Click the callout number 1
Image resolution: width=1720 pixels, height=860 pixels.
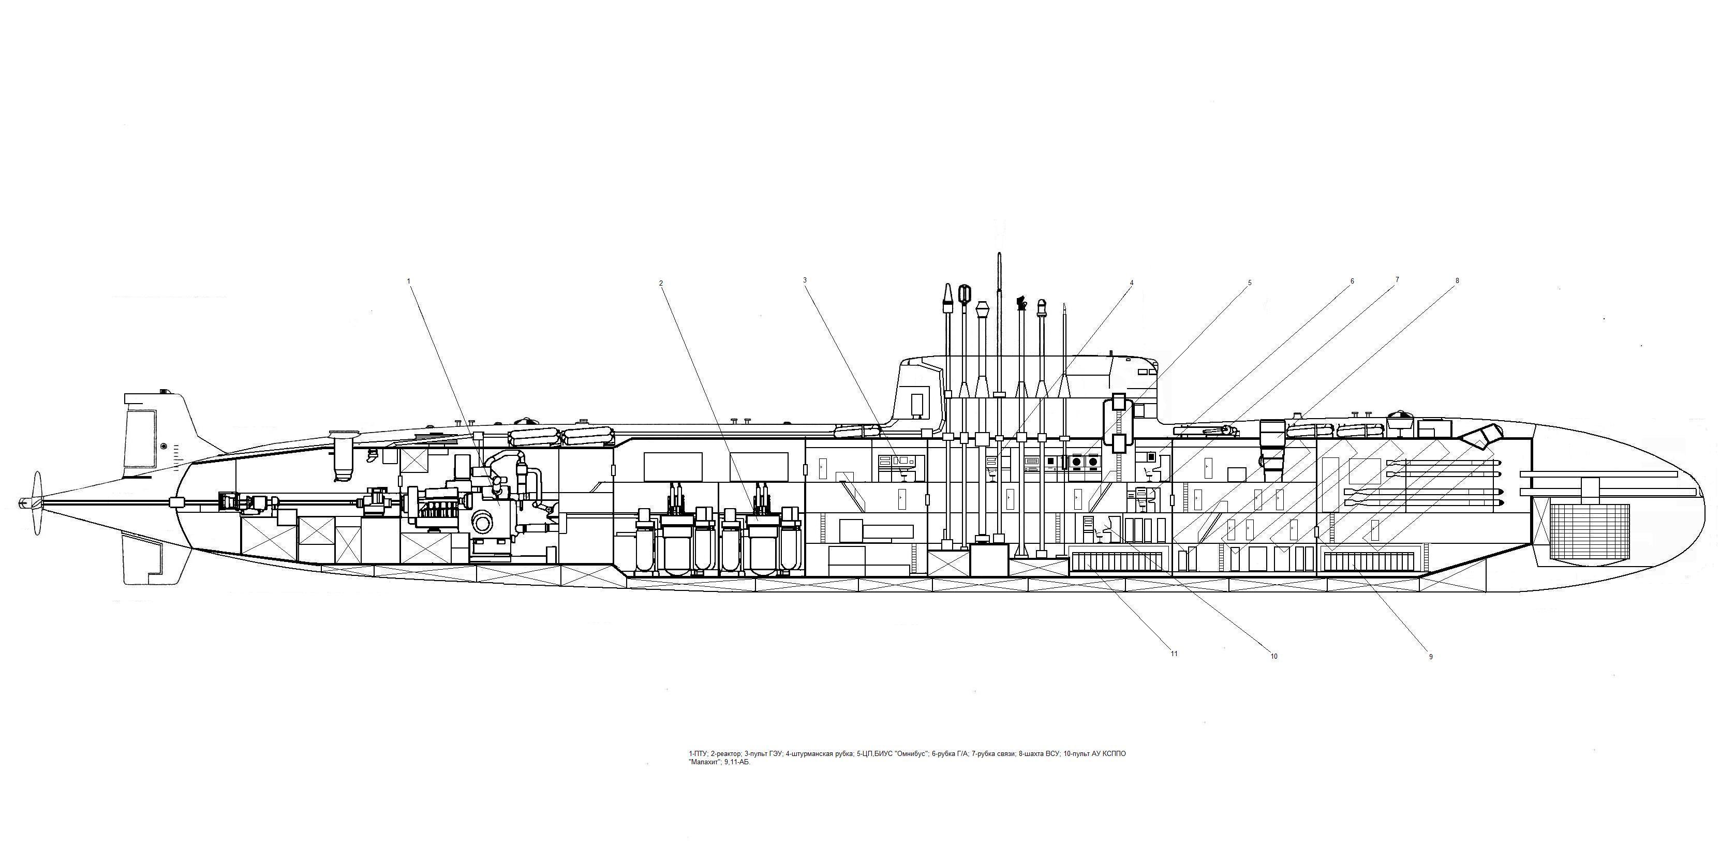click(x=409, y=281)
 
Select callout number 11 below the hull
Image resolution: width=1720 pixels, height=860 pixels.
click(x=1174, y=654)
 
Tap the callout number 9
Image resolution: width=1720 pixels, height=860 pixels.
click(x=1430, y=656)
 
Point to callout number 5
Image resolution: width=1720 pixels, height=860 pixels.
click(x=1249, y=283)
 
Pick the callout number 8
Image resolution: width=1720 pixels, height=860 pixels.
click(x=1457, y=281)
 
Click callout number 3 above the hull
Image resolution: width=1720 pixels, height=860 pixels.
click(x=805, y=280)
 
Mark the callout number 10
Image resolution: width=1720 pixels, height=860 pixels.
click(x=1273, y=656)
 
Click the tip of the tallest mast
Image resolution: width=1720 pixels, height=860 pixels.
click(x=999, y=255)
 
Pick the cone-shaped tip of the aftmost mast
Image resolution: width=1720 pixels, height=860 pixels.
click(x=947, y=294)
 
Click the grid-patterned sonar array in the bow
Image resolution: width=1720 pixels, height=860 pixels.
click(x=1589, y=531)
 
